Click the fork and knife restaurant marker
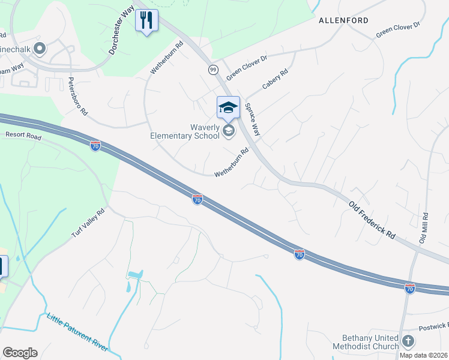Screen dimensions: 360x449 (146, 20)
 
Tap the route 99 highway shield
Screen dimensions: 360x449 (213, 70)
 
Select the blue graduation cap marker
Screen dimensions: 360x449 (228, 108)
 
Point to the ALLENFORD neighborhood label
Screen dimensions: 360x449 (343, 20)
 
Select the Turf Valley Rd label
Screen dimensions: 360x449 (89, 223)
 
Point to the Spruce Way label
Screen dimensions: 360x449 (252, 119)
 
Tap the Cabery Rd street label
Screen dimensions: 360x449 (276, 79)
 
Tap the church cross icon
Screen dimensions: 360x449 (408, 342)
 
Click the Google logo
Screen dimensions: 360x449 (20, 353)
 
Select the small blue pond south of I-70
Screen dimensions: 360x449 (134, 276)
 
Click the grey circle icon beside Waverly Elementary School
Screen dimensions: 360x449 (228, 131)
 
